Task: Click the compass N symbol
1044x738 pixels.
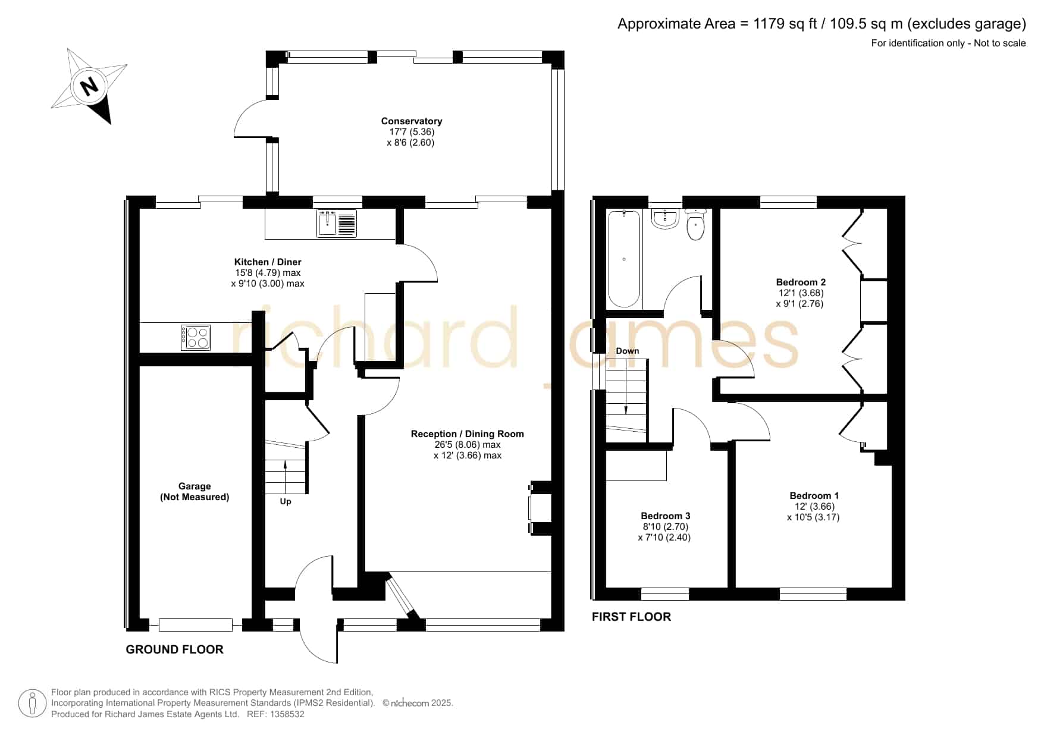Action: tap(89, 86)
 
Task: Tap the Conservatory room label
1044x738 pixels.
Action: tap(412, 121)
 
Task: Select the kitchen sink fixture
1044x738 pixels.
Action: tap(337, 223)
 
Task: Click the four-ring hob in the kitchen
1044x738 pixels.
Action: tap(196, 338)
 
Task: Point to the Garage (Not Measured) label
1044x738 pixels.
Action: tap(195, 492)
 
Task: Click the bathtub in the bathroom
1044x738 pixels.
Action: tap(624, 259)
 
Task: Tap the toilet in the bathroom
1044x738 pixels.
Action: tap(695, 224)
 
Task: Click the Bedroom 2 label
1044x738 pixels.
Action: tap(801, 282)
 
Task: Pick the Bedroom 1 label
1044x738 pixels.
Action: tap(814, 496)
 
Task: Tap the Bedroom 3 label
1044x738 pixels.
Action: tap(666, 516)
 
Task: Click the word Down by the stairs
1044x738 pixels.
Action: tap(628, 351)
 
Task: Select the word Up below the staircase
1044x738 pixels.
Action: tap(286, 502)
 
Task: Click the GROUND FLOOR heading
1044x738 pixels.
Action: tap(175, 649)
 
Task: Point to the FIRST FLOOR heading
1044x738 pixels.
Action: tap(631, 617)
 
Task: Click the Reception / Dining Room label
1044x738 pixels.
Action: tap(468, 434)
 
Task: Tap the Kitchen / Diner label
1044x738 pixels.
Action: tap(268, 262)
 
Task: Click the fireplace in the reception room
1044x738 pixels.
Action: tap(541, 508)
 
